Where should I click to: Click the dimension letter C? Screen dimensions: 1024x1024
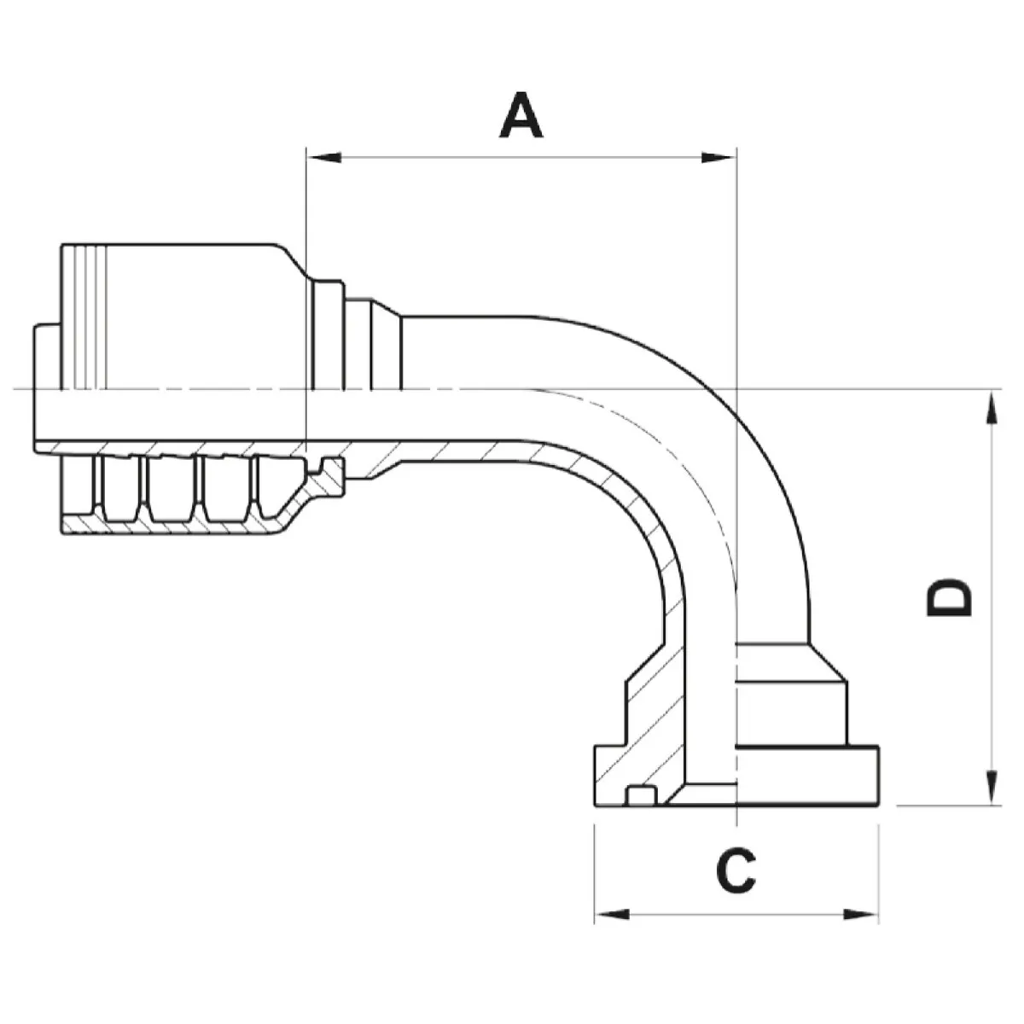coord(736,870)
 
